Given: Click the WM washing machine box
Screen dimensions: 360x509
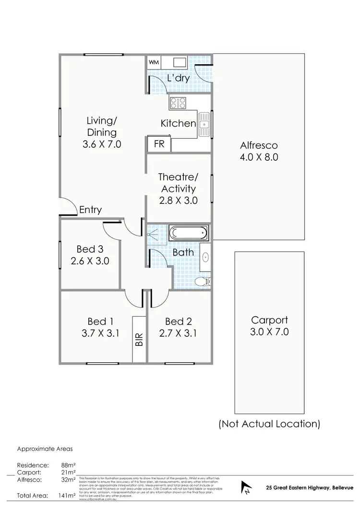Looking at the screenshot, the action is point(154,62).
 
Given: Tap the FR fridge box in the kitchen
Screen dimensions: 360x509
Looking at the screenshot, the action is point(158,143).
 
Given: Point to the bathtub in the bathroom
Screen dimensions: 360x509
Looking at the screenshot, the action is point(188,234).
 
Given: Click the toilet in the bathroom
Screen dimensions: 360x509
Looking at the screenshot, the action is point(205,281).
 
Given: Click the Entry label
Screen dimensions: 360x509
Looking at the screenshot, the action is point(90,210).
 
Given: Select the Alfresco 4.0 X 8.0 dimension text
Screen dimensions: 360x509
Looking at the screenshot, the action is point(259,157).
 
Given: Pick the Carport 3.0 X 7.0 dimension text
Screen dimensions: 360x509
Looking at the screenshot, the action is point(270,332).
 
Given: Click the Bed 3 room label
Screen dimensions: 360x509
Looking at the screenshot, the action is point(90,249).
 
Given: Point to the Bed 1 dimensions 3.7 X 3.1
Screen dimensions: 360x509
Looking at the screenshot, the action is point(100,333).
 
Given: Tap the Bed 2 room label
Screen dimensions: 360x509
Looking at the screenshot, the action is point(178,321).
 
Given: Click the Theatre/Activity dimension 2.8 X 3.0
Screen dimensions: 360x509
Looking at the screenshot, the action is point(179,201).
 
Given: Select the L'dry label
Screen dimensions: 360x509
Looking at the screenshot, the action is point(178,78).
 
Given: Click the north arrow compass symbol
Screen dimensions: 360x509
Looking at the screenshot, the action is point(246,487).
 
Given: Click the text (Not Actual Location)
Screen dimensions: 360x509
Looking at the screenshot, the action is point(269,424).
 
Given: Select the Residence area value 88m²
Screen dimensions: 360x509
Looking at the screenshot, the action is point(68,465).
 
